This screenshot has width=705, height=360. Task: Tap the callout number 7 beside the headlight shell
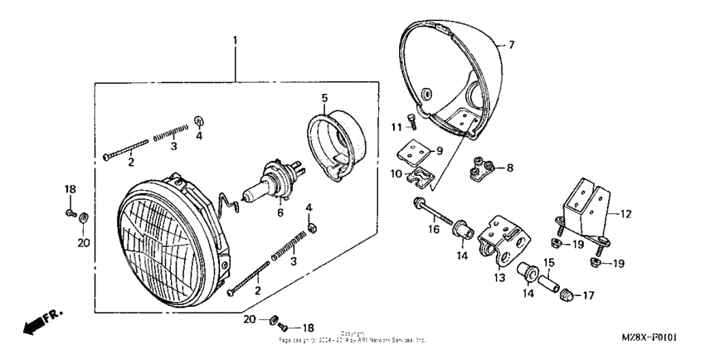[511, 45]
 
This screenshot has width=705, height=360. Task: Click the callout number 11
[396, 125]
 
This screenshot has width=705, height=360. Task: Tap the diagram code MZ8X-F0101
[649, 338]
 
